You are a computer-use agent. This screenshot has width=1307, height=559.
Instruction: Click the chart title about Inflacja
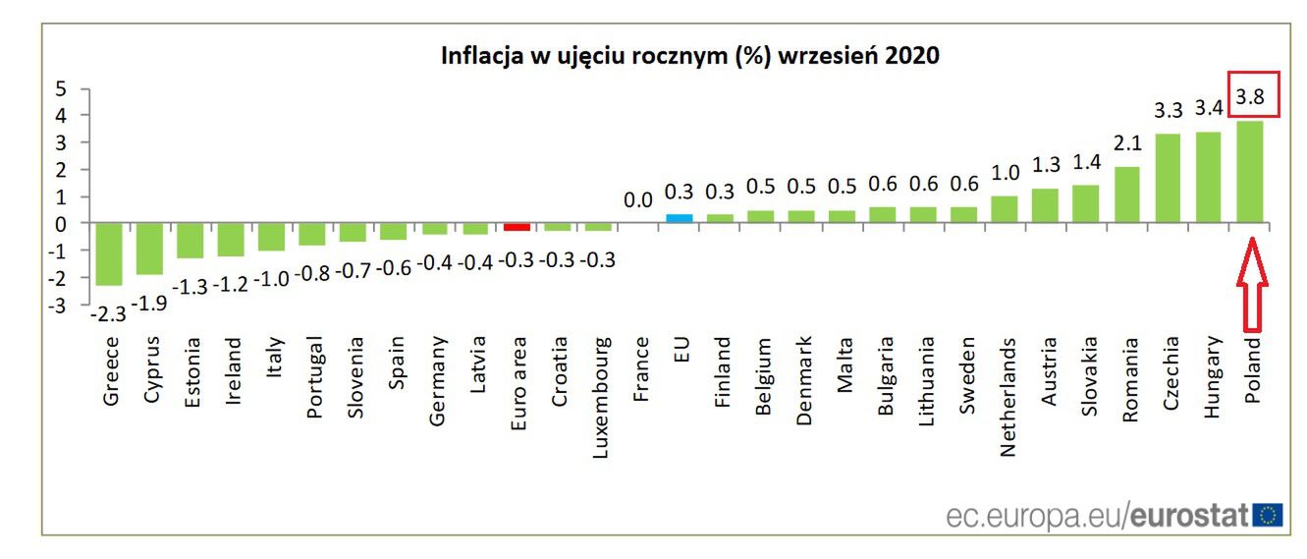coord(689,56)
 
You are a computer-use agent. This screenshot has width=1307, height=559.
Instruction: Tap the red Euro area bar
coord(517,227)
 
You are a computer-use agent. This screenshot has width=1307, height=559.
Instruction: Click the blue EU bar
coord(680,218)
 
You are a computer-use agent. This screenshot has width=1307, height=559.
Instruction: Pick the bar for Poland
coord(1249,172)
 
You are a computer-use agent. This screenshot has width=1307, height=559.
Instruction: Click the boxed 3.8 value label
coord(1250,96)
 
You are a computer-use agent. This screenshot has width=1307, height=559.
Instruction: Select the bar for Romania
coord(1127,195)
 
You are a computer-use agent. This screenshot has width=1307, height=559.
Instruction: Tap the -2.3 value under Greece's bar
coord(108,314)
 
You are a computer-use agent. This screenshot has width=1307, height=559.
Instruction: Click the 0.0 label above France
coord(638,200)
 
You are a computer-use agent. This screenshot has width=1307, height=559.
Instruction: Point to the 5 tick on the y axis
coord(60,89)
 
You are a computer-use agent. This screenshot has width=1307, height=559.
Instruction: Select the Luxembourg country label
coord(599,399)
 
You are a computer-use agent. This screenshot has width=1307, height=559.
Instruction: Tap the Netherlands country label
coord(1007,397)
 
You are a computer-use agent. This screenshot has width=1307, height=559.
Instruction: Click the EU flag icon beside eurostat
coord(1268,515)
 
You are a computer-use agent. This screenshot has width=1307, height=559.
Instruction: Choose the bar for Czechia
coord(1168,178)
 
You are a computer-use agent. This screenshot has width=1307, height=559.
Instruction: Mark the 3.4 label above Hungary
coord(1209,106)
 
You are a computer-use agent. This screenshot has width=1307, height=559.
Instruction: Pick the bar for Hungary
coord(1209,177)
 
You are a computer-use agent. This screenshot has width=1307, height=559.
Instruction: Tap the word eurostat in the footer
coord(1189,515)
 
